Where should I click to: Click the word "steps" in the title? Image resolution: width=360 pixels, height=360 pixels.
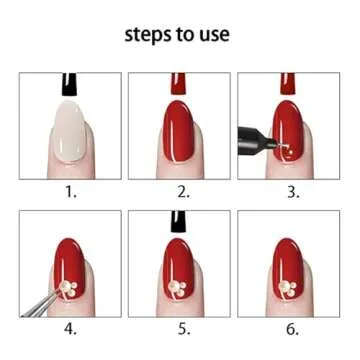tap(145, 35)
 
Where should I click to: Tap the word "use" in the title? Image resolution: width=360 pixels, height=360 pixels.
tap(216, 35)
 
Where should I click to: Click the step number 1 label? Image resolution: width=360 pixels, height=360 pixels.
tap(70, 192)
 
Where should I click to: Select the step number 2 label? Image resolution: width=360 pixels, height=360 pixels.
tap(183, 192)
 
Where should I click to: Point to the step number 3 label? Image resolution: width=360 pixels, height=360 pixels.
tap(293, 192)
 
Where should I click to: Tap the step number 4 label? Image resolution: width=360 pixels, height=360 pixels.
tap(70, 329)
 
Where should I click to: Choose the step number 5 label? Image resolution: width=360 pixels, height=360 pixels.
tap(183, 329)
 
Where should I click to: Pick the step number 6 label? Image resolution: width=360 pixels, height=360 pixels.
tap(293, 329)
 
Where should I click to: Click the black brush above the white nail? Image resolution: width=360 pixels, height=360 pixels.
tap(70, 84)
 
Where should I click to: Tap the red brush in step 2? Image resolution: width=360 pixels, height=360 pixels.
tap(179, 84)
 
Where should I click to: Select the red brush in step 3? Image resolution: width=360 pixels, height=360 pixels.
tap(288, 83)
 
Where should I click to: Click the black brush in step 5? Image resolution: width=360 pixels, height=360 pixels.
tap(179, 222)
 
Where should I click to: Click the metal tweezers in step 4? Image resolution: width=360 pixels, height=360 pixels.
tap(42, 303)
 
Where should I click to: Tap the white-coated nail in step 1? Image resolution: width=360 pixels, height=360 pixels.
tap(70, 131)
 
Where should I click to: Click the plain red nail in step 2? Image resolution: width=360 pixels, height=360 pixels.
tap(179, 131)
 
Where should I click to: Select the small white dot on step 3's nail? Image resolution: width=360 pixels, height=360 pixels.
tap(291, 152)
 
